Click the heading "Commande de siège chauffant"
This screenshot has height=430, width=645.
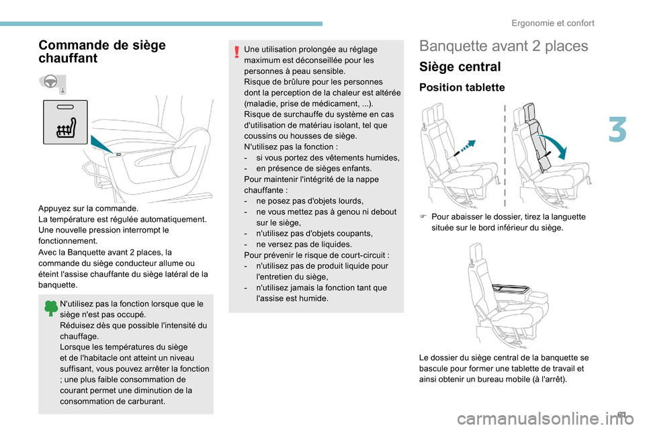pyautogui.click(x=102, y=52)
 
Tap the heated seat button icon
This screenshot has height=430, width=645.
pyautogui.click(x=65, y=122)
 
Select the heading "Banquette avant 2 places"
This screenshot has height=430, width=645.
pyautogui.click(x=503, y=46)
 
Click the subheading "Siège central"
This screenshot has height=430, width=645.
pyautogui.click(x=460, y=67)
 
